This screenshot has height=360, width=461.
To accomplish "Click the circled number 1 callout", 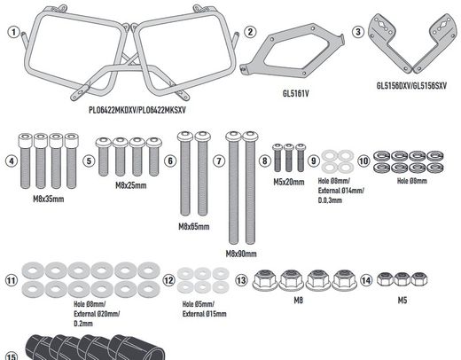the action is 13,32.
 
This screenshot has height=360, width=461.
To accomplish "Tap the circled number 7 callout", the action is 219,160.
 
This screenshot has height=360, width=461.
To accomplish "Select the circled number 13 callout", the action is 241,279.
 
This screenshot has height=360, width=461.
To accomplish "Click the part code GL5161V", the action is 295,94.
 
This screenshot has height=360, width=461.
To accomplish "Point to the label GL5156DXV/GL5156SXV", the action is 411,86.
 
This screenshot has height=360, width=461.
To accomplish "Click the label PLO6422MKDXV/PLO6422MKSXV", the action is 137,110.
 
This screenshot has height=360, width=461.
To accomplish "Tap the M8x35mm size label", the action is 49,199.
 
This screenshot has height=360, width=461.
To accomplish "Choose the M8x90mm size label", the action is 241,254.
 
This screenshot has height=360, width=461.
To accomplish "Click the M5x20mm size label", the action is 289,182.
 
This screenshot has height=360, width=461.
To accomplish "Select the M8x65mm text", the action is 194,227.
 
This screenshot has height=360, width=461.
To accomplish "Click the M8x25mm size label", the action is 131,185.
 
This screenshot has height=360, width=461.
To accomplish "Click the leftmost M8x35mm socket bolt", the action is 25,160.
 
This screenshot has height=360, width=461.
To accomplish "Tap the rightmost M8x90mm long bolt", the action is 250,188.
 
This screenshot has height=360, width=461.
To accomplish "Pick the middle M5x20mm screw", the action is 289,158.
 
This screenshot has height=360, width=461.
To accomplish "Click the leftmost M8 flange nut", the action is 265,279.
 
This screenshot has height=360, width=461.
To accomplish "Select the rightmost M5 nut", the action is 418,279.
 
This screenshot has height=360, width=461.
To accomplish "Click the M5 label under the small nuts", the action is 402,301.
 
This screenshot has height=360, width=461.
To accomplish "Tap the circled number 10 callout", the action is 363,160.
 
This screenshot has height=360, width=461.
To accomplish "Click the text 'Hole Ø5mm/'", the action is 198,304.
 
